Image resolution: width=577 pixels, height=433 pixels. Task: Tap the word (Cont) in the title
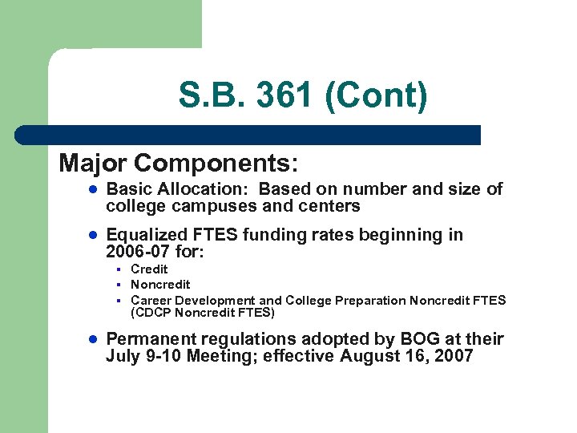(377, 96)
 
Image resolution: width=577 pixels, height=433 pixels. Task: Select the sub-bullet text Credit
(149, 269)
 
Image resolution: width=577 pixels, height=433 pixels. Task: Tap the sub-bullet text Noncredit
(160, 285)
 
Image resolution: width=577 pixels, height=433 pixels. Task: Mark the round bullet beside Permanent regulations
(93, 340)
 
